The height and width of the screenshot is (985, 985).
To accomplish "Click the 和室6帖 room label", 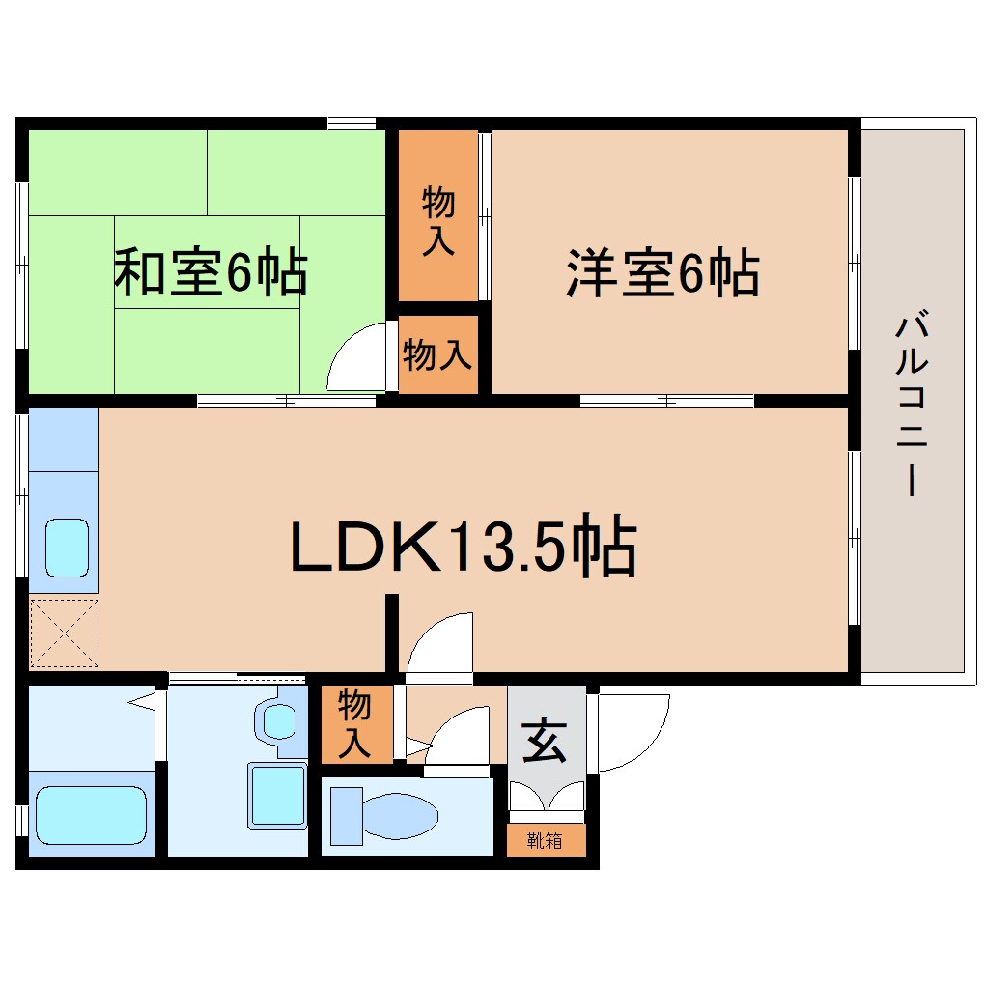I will coord(211,273).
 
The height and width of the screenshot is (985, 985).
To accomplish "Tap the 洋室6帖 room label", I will coord(662,273).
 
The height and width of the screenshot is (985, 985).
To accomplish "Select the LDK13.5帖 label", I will coord(464,550).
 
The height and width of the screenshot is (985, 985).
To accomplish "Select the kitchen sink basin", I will coord(67,549).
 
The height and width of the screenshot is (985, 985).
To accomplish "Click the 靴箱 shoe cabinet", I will coord(546,840).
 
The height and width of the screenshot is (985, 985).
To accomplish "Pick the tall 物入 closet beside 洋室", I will coord(438,217).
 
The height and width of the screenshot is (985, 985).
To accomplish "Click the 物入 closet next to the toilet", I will coord(355,723).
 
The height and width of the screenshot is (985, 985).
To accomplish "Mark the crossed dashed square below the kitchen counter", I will coord(64,633).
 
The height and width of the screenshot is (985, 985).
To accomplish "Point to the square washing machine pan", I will coord(277,794).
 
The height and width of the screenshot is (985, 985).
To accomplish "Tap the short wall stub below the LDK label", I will coord(392,633).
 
